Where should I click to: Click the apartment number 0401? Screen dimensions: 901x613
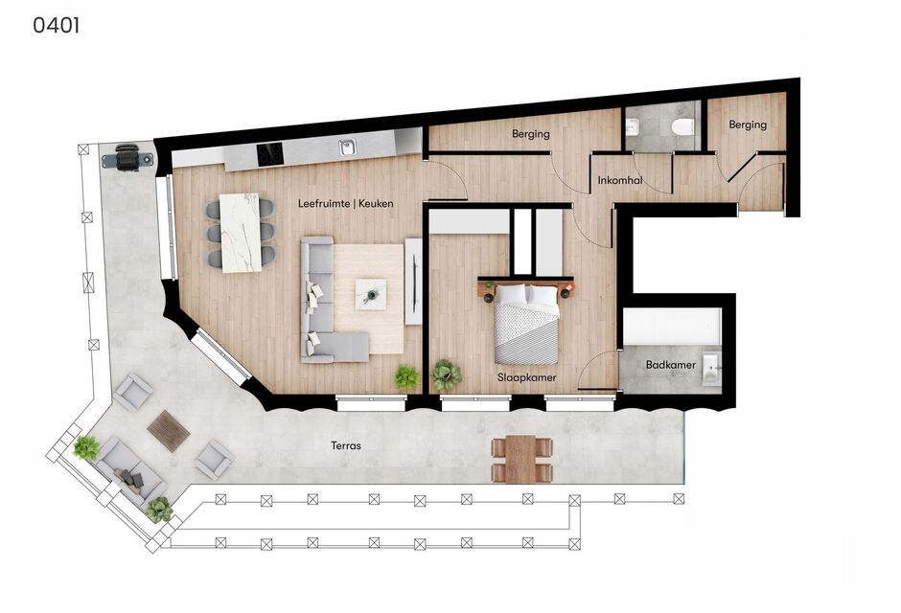(56, 25)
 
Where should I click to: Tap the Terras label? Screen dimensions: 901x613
(346, 445)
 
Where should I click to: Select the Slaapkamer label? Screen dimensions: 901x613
(527, 377)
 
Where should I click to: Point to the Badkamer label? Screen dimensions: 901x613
(671, 365)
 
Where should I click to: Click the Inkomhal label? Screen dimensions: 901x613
(620, 180)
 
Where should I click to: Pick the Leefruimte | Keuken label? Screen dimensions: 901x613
(346, 203)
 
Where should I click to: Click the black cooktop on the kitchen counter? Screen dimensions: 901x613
(269, 153)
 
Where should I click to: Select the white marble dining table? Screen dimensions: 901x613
(241, 233)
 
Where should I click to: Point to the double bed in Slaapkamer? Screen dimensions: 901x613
(526, 324)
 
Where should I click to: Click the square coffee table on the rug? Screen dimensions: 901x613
(371, 294)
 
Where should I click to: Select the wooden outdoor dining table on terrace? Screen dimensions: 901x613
(521, 459)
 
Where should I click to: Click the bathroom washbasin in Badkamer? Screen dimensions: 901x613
(710, 368)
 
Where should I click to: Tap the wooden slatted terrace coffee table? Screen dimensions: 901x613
(169, 430)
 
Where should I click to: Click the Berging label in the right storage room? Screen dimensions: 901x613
(748, 125)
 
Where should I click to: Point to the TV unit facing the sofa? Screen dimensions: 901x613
(414, 282)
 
